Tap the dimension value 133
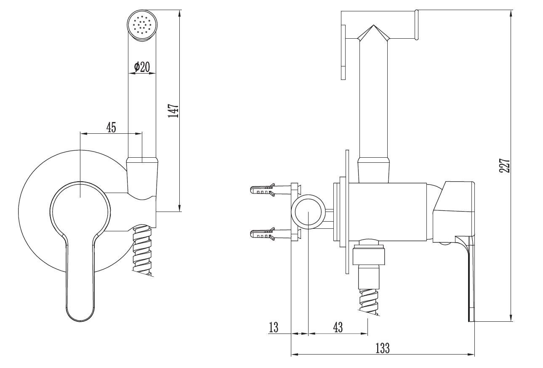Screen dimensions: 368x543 pos(382,348)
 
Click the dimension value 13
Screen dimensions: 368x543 pos(274,327)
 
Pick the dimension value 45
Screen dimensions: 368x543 pos(111,127)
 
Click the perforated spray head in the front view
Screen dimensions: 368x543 pos(142,25)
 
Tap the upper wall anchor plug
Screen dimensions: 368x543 pos(263,190)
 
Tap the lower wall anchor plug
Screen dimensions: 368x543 pos(263,234)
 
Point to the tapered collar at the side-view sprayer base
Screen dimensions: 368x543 pos(375,168)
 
